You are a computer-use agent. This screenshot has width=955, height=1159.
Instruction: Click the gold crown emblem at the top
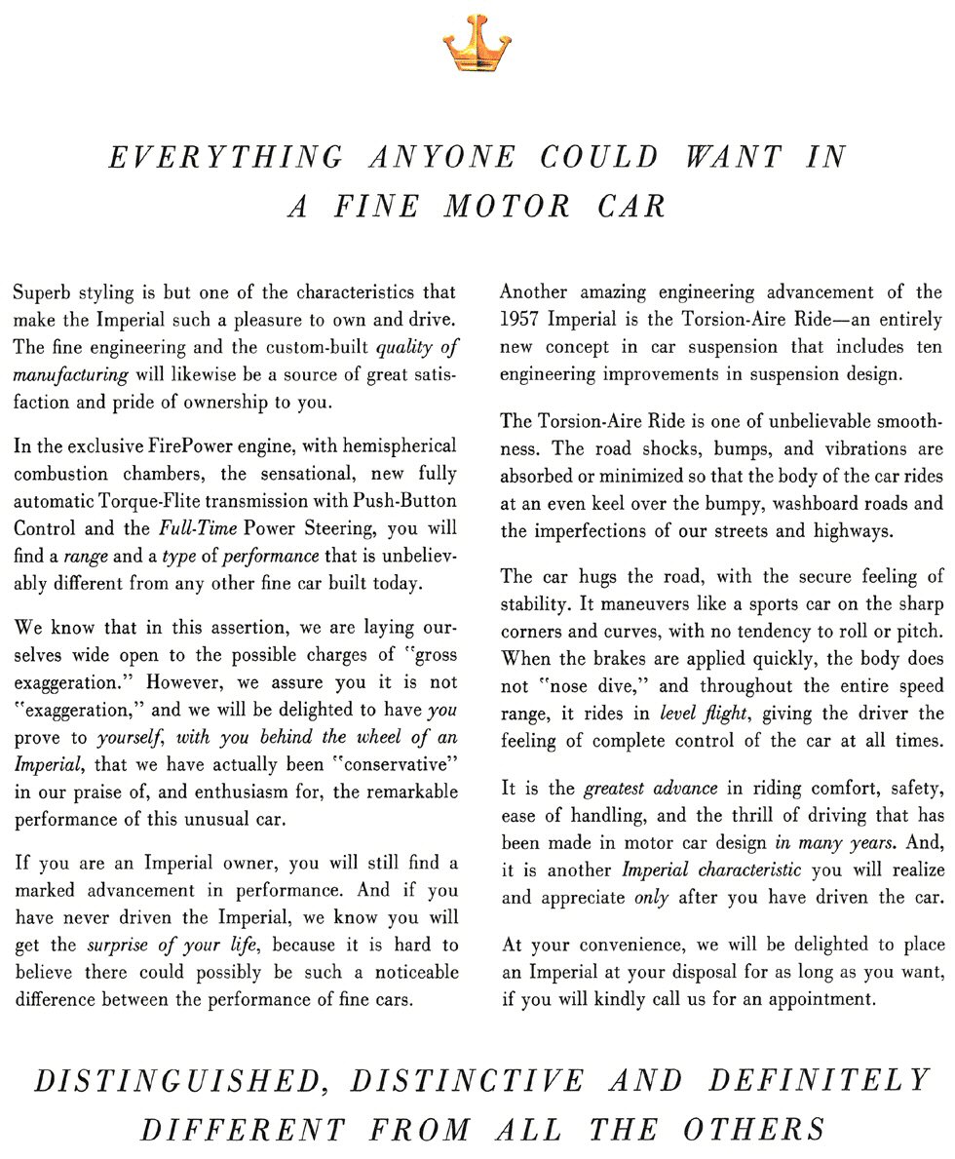[x=477, y=44]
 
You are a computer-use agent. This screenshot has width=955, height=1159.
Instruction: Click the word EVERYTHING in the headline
[x=226, y=158]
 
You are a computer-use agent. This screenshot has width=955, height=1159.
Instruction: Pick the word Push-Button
[x=407, y=502]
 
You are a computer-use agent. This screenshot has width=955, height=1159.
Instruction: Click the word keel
[x=610, y=504]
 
